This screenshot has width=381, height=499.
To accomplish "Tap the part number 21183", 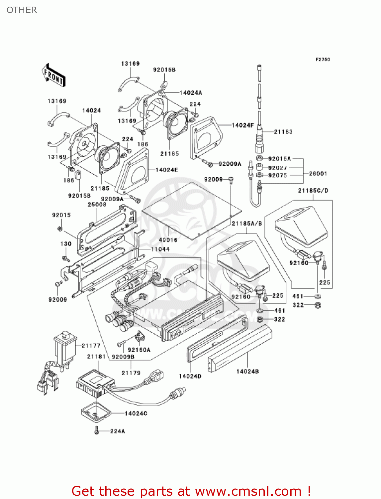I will (283, 132).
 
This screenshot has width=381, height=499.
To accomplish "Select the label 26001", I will (318, 174).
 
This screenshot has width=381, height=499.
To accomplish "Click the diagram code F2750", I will (323, 60).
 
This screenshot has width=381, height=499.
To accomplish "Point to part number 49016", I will (168, 240).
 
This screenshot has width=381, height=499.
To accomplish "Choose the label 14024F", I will (242, 125).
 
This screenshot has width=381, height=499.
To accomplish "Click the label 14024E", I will (167, 170).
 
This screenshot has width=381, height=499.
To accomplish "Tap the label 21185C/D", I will (313, 191).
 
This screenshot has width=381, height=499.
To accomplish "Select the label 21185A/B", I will (247, 224).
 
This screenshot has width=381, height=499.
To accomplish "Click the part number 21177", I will (91, 346).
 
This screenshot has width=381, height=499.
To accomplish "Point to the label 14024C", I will (136, 413).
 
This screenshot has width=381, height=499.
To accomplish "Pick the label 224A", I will (118, 431).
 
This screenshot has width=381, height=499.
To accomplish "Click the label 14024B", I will (247, 371).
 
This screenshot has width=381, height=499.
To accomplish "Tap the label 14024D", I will (190, 376).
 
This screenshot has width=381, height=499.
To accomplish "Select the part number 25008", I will (97, 205).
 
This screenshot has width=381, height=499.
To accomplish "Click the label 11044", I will (160, 249).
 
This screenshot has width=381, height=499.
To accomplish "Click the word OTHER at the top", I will (22, 10).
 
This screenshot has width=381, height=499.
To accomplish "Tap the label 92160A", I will (139, 350).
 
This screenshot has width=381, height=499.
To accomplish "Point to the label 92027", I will (277, 168).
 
